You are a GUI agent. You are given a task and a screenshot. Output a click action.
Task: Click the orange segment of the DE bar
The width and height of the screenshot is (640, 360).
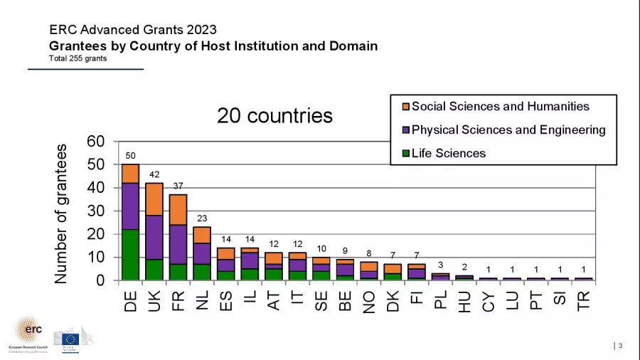tap(130, 174)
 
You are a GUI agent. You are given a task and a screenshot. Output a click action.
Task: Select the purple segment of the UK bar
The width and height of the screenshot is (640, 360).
tap(154, 237)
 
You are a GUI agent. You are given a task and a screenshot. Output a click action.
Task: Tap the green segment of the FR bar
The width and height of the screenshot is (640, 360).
tap(178, 272)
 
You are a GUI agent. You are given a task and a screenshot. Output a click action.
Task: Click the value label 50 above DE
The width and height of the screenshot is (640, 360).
tap(130, 155)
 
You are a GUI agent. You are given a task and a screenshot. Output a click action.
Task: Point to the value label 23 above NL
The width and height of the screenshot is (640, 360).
tap(202, 218)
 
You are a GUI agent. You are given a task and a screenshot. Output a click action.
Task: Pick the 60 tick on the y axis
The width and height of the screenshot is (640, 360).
tap(96, 142)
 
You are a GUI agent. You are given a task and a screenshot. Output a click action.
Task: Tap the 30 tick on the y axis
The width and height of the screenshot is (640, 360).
tap(96, 211)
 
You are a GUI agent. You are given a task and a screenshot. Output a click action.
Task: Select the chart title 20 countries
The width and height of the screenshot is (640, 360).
tap(274, 115)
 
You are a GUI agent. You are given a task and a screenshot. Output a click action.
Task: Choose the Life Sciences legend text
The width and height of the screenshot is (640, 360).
tap(449, 153)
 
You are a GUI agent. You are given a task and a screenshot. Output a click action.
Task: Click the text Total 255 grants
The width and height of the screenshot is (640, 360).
tap(78, 58)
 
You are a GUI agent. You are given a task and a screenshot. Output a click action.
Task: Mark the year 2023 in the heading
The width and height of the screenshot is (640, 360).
tap(203, 30)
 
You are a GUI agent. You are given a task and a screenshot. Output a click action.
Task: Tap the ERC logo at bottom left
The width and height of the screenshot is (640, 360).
tap(29, 334)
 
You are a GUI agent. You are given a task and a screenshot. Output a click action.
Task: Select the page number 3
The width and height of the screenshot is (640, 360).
tap(620, 346)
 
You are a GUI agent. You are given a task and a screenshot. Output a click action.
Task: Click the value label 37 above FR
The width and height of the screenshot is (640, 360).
tap(178, 186)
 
